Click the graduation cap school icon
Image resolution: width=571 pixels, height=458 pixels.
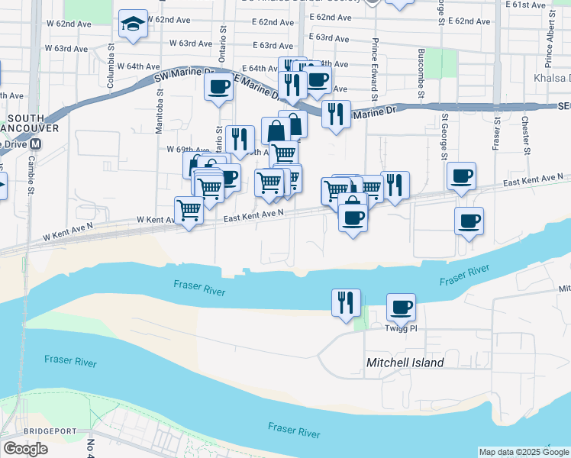[134, 24]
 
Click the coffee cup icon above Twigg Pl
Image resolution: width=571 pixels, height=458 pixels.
[401, 308]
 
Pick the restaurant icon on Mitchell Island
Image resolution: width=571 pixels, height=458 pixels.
[346, 302]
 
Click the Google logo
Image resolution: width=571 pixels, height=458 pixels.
[25, 449]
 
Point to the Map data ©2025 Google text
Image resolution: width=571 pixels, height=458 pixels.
[523, 452]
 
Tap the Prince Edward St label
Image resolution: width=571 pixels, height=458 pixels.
[375, 70]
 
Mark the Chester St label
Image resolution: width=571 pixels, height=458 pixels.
[525, 134]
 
